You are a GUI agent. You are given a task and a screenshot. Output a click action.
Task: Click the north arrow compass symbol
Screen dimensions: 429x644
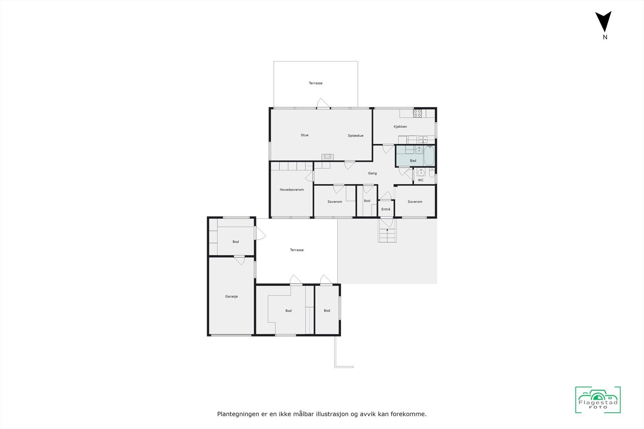click(x=603, y=21)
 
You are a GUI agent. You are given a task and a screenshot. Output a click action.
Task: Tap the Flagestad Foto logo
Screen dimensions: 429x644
click(x=598, y=400)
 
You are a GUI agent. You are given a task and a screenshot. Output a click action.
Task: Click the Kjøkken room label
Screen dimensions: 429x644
click(x=400, y=127)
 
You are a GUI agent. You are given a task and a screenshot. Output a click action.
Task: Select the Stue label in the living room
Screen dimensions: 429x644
click(x=305, y=135)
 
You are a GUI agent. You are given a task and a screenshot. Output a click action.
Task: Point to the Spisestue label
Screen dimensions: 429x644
click(x=355, y=135)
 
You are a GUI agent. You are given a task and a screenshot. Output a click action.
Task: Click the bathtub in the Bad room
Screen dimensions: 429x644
click(x=429, y=156)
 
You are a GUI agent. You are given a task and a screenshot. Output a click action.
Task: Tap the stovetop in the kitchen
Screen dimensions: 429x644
click(x=417, y=113)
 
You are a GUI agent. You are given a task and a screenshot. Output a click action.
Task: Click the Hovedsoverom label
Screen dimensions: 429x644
click(x=292, y=190)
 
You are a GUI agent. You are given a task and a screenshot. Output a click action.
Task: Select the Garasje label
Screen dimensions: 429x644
click(x=231, y=296)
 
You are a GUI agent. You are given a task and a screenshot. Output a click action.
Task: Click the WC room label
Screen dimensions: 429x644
click(x=421, y=180)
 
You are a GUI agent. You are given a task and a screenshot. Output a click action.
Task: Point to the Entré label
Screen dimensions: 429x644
click(x=386, y=209)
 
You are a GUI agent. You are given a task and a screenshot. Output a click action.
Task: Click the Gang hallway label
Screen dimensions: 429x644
click(x=372, y=173)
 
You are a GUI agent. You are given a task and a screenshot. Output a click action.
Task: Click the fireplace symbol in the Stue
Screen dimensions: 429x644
click(x=328, y=157)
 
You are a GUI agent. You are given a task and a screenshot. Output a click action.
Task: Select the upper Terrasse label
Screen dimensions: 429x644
click(x=316, y=83)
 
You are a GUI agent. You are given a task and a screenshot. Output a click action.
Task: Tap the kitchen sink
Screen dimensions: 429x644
click(x=423, y=140)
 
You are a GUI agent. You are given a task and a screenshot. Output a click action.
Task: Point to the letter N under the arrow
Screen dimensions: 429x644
click(x=605, y=37)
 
